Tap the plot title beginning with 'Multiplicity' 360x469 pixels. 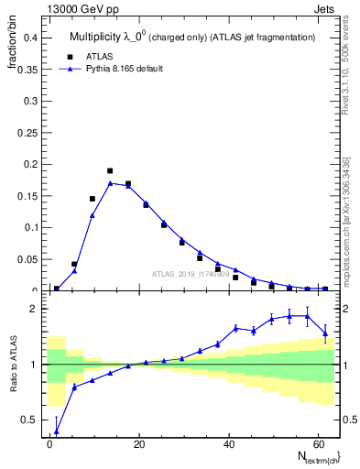[191, 37]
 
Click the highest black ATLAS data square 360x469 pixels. [110, 170]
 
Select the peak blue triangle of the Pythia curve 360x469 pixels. [110, 183]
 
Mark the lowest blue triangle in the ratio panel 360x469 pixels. [57, 431]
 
